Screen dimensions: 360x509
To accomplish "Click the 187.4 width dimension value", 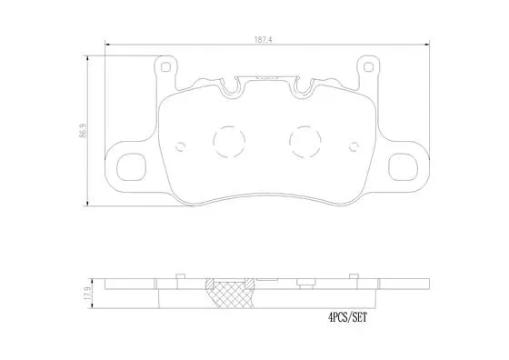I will click(264, 38).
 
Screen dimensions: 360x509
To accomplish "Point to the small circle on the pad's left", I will click(180, 145).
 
